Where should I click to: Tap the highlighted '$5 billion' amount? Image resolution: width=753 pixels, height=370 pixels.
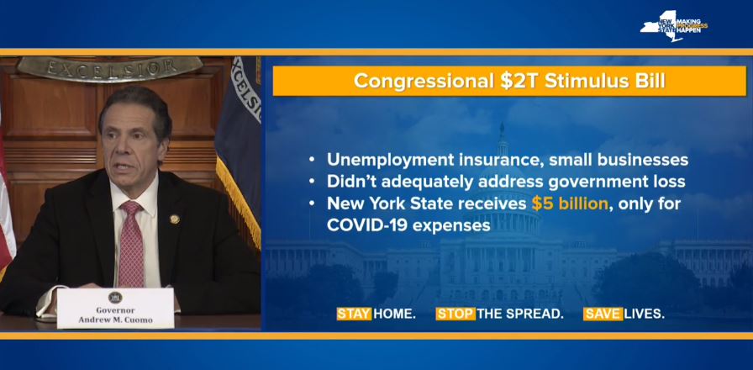[x=570, y=203]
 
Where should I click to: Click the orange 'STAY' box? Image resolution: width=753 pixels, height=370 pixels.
[x=354, y=314]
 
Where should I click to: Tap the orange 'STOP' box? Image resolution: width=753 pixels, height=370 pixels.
[x=455, y=314]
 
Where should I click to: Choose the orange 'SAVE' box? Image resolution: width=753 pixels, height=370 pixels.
[x=603, y=314]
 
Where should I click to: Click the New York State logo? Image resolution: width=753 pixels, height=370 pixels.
[x=673, y=26]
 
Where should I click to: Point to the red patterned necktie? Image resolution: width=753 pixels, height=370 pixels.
[x=131, y=243]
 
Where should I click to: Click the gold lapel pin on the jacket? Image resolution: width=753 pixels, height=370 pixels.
[x=174, y=219]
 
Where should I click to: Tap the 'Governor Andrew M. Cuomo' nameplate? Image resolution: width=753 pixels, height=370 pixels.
[x=115, y=309]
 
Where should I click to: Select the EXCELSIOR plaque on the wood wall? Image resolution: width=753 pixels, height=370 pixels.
[x=109, y=68]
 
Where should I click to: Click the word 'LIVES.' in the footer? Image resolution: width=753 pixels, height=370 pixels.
[x=645, y=314]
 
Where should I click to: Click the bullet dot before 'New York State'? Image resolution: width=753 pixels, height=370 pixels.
[x=312, y=204]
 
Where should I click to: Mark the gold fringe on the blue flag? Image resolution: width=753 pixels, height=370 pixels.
[x=239, y=203]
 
